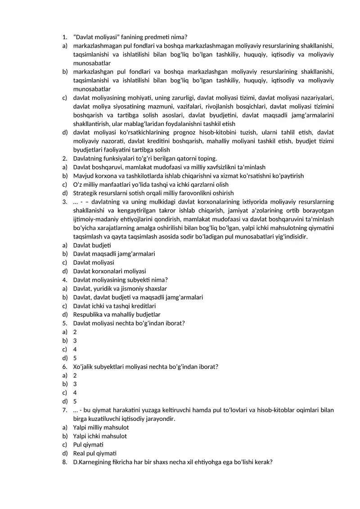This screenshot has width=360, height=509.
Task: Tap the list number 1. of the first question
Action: [x=65, y=37]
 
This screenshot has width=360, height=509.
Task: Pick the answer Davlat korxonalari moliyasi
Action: [x=109, y=271]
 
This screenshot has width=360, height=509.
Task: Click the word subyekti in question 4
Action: [x=139, y=280]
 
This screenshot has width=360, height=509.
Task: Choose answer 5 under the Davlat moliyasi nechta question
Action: [x=75, y=358]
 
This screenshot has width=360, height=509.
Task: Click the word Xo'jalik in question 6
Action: [x=83, y=366]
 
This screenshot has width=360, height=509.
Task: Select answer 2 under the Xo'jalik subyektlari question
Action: [x=75, y=375]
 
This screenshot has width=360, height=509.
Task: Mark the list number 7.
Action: [x=65, y=410]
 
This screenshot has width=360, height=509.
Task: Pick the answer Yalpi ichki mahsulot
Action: [x=100, y=436]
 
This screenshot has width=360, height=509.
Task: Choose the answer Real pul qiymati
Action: [x=94, y=453]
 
